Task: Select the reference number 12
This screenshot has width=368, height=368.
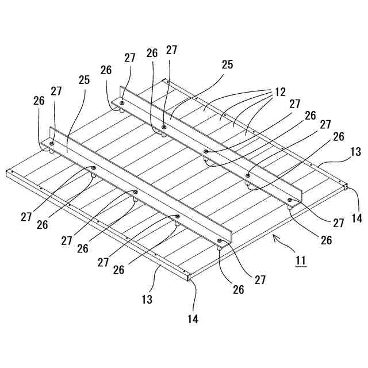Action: click(x=279, y=92)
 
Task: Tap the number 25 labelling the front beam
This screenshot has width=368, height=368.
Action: click(x=84, y=80)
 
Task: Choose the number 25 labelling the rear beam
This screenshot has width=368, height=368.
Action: click(x=227, y=64)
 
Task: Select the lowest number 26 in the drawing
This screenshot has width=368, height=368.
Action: click(x=238, y=290)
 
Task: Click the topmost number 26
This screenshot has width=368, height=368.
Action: click(x=152, y=53)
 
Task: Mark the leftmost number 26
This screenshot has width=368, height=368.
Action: click(x=39, y=100)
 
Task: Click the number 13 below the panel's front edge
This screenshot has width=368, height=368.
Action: click(x=147, y=299)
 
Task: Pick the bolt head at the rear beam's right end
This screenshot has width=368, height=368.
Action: click(x=290, y=200)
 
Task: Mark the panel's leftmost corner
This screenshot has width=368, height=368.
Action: click(x=7, y=172)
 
